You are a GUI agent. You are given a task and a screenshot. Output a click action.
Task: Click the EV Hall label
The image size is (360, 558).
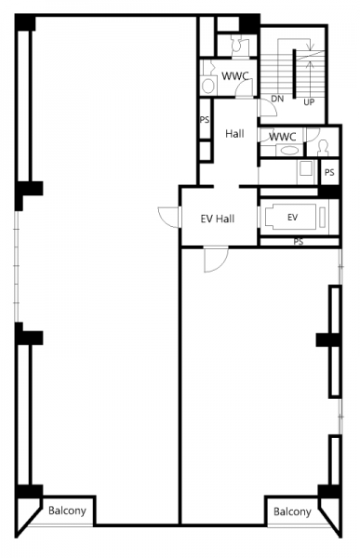(x=218, y=219)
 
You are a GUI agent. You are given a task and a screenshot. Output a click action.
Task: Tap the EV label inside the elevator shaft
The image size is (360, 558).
(x=292, y=217)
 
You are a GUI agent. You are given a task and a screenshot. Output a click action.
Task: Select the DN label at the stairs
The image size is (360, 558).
(x=277, y=99)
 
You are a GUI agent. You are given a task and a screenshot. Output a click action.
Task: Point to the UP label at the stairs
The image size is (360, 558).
(x=309, y=102)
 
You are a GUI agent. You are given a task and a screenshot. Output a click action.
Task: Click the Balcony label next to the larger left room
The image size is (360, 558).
(x=67, y=511)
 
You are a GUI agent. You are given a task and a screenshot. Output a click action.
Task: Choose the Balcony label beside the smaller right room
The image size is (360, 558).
(x=292, y=511)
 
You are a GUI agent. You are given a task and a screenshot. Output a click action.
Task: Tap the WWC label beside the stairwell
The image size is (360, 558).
(x=234, y=76)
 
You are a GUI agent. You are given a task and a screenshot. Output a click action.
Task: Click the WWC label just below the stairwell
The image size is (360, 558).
(x=283, y=137)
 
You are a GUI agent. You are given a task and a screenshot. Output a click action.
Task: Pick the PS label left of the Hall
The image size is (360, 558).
(x=205, y=120)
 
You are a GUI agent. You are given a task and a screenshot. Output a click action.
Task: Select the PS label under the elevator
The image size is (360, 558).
(x=299, y=242)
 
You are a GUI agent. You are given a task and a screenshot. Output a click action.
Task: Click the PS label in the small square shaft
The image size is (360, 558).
(x=329, y=173)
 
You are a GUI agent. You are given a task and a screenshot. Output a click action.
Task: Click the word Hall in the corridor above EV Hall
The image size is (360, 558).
(x=234, y=134)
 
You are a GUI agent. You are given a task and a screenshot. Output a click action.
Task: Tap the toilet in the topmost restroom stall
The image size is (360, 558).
(x=235, y=46)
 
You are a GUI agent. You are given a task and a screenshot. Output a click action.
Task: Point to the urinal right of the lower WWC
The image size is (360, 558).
(x=323, y=148)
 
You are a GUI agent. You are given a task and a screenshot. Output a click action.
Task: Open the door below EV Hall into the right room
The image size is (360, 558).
(x=216, y=259)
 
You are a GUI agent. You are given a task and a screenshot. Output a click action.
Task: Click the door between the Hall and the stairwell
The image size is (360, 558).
(x=267, y=108)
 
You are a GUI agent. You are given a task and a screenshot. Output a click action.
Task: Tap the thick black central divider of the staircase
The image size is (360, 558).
(x=295, y=73)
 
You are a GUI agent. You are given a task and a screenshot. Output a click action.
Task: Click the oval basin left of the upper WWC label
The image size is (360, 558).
(x=208, y=86)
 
